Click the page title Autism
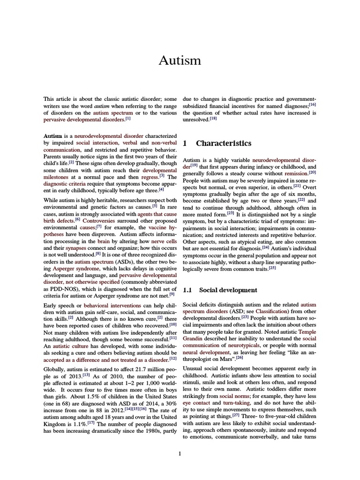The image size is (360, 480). [x=180, y=60]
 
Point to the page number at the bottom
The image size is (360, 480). [x=180, y=453]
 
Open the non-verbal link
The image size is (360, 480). [x=164, y=142]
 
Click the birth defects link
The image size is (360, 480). [x=59, y=220]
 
